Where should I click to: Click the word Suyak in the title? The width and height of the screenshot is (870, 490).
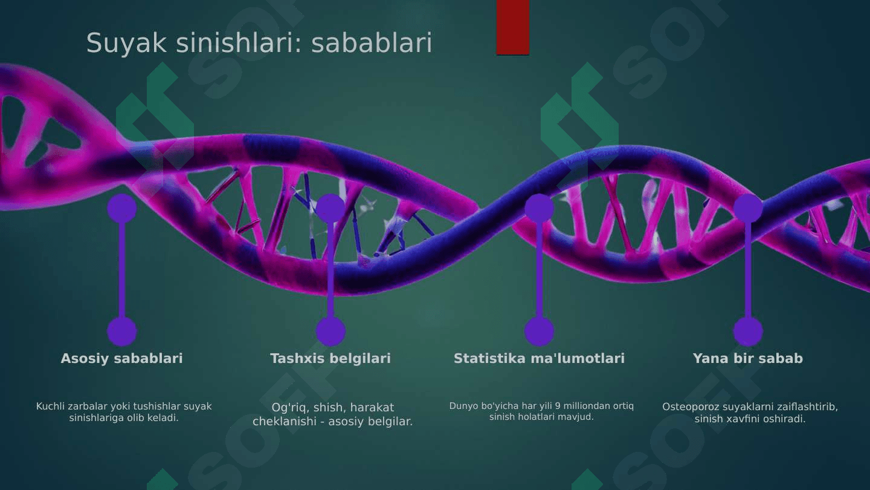[127, 44]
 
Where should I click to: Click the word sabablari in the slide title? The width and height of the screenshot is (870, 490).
[372, 42]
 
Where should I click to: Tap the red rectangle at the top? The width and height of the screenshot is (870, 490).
[513, 27]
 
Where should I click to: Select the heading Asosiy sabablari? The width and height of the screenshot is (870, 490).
[121, 358]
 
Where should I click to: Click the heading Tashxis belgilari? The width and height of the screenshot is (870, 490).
[330, 358]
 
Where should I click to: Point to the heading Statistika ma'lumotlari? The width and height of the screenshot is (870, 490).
[539, 358]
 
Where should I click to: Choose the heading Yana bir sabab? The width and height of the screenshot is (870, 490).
[748, 358]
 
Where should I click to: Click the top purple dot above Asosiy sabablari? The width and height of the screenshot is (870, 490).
[122, 209]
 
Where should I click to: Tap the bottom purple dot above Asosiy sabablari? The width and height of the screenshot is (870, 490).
[122, 332]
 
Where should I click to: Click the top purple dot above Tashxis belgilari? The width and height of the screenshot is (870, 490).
[330, 209]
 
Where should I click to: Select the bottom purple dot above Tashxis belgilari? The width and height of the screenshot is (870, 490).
[330, 332]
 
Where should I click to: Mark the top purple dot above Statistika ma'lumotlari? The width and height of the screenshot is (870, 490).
[539, 209]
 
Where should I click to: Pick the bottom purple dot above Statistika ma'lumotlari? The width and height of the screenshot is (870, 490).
[539, 332]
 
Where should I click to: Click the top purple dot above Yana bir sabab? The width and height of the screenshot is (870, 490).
[748, 209]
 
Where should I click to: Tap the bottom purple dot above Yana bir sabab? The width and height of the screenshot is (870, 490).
[748, 332]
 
